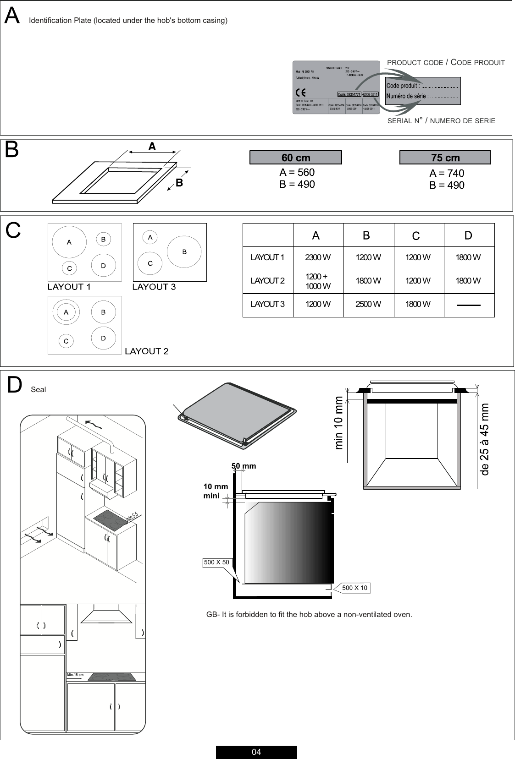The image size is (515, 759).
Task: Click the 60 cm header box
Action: (x=295, y=158)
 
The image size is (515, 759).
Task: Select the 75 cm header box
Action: (x=445, y=158)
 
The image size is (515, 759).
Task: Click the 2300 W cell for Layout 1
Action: (x=318, y=257)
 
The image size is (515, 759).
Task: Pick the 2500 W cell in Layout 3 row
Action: (x=368, y=304)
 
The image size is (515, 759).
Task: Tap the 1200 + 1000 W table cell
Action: (x=318, y=281)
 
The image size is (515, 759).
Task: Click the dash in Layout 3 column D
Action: (x=469, y=305)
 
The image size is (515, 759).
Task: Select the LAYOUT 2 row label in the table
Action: (x=267, y=281)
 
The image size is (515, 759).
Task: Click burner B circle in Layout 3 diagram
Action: (x=184, y=252)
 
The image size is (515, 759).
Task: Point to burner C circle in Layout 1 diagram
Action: (x=70, y=268)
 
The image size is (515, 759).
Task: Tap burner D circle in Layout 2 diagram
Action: (x=103, y=339)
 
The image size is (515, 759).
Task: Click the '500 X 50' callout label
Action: (x=216, y=562)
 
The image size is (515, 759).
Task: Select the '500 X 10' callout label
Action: (x=354, y=588)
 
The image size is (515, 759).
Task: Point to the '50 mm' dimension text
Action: (x=244, y=466)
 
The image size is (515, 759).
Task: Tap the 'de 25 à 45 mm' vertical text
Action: (x=485, y=439)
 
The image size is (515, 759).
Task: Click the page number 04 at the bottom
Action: (x=256, y=752)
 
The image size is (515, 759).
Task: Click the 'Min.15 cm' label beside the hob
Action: (x=75, y=675)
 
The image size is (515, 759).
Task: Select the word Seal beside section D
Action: (x=39, y=390)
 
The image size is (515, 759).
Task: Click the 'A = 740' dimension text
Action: (x=447, y=173)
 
